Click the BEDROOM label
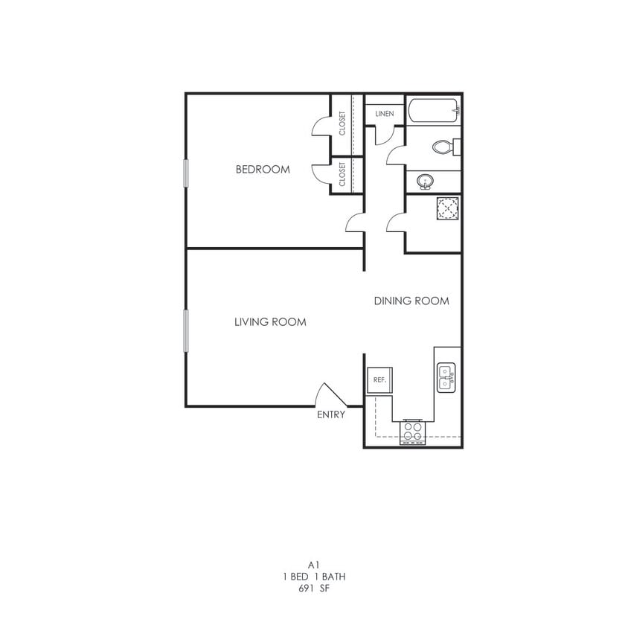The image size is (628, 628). tap(263, 170)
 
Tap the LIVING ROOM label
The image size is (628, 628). tap(270, 322)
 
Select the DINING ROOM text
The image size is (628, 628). tap(411, 301)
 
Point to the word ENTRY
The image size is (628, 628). tap(331, 414)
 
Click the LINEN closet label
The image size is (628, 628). tap(385, 114)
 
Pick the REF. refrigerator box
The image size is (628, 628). tap(379, 379)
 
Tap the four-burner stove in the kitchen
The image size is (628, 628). tap(412, 431)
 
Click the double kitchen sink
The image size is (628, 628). tap(446, 378)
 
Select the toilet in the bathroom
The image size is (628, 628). tap(445, 147)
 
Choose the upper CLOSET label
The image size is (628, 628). tap(342, 124)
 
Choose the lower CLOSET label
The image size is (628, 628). tap(342, 175)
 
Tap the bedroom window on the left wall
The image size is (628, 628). tap(187, 172)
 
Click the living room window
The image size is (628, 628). tap(187, 330)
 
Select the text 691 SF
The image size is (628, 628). tap(313, 588)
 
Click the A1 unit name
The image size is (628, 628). tap(313, 565)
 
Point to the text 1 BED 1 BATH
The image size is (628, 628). tap(313, 577)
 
